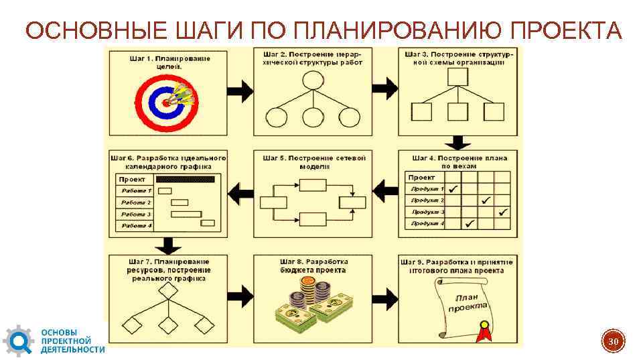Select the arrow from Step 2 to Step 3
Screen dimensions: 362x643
click(x=384, y=86)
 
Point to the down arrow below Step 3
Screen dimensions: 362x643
click(x=458, y=142)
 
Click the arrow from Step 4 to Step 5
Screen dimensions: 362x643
click(x=384, y=192)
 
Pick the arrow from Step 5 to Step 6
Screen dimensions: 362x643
click(x=240, y=192)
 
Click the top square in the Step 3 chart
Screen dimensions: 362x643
click(x=457, y=77)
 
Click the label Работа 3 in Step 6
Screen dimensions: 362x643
click(x=136, y=214)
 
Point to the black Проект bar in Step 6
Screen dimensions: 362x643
click(x=185, y=179)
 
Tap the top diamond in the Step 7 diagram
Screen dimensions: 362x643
click(x=167, y=292)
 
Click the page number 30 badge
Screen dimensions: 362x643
click(x=612, y=343)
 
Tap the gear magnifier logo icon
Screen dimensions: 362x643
click(x=17, y=341)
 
